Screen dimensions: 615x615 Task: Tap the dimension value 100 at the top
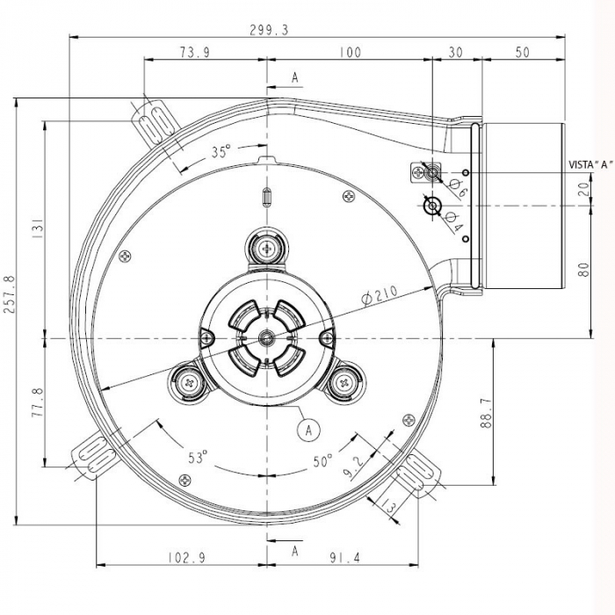tap(349, 52)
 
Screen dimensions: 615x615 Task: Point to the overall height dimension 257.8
tap(9, 312)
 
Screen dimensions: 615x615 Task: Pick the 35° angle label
tap(221, 151)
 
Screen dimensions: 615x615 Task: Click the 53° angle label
tap(199, 457)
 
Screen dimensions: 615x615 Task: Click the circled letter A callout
tap(307, 429)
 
